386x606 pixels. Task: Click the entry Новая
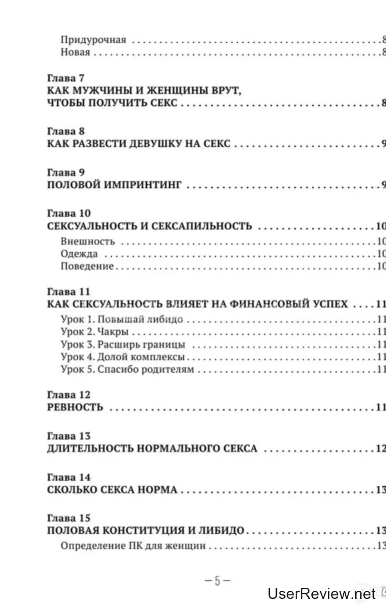[x=75, y=53]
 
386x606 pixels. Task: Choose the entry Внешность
[x=87, y=241]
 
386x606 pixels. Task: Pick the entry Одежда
[x=79, y=254]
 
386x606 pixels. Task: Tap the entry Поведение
[x=87, y=267]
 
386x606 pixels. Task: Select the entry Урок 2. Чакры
[x=94, y=332]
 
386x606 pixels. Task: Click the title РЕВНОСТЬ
[x=75, y=408]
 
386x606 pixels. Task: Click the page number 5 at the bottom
[x=217, y=581]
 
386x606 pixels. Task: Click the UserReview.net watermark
[x=322, y=593]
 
